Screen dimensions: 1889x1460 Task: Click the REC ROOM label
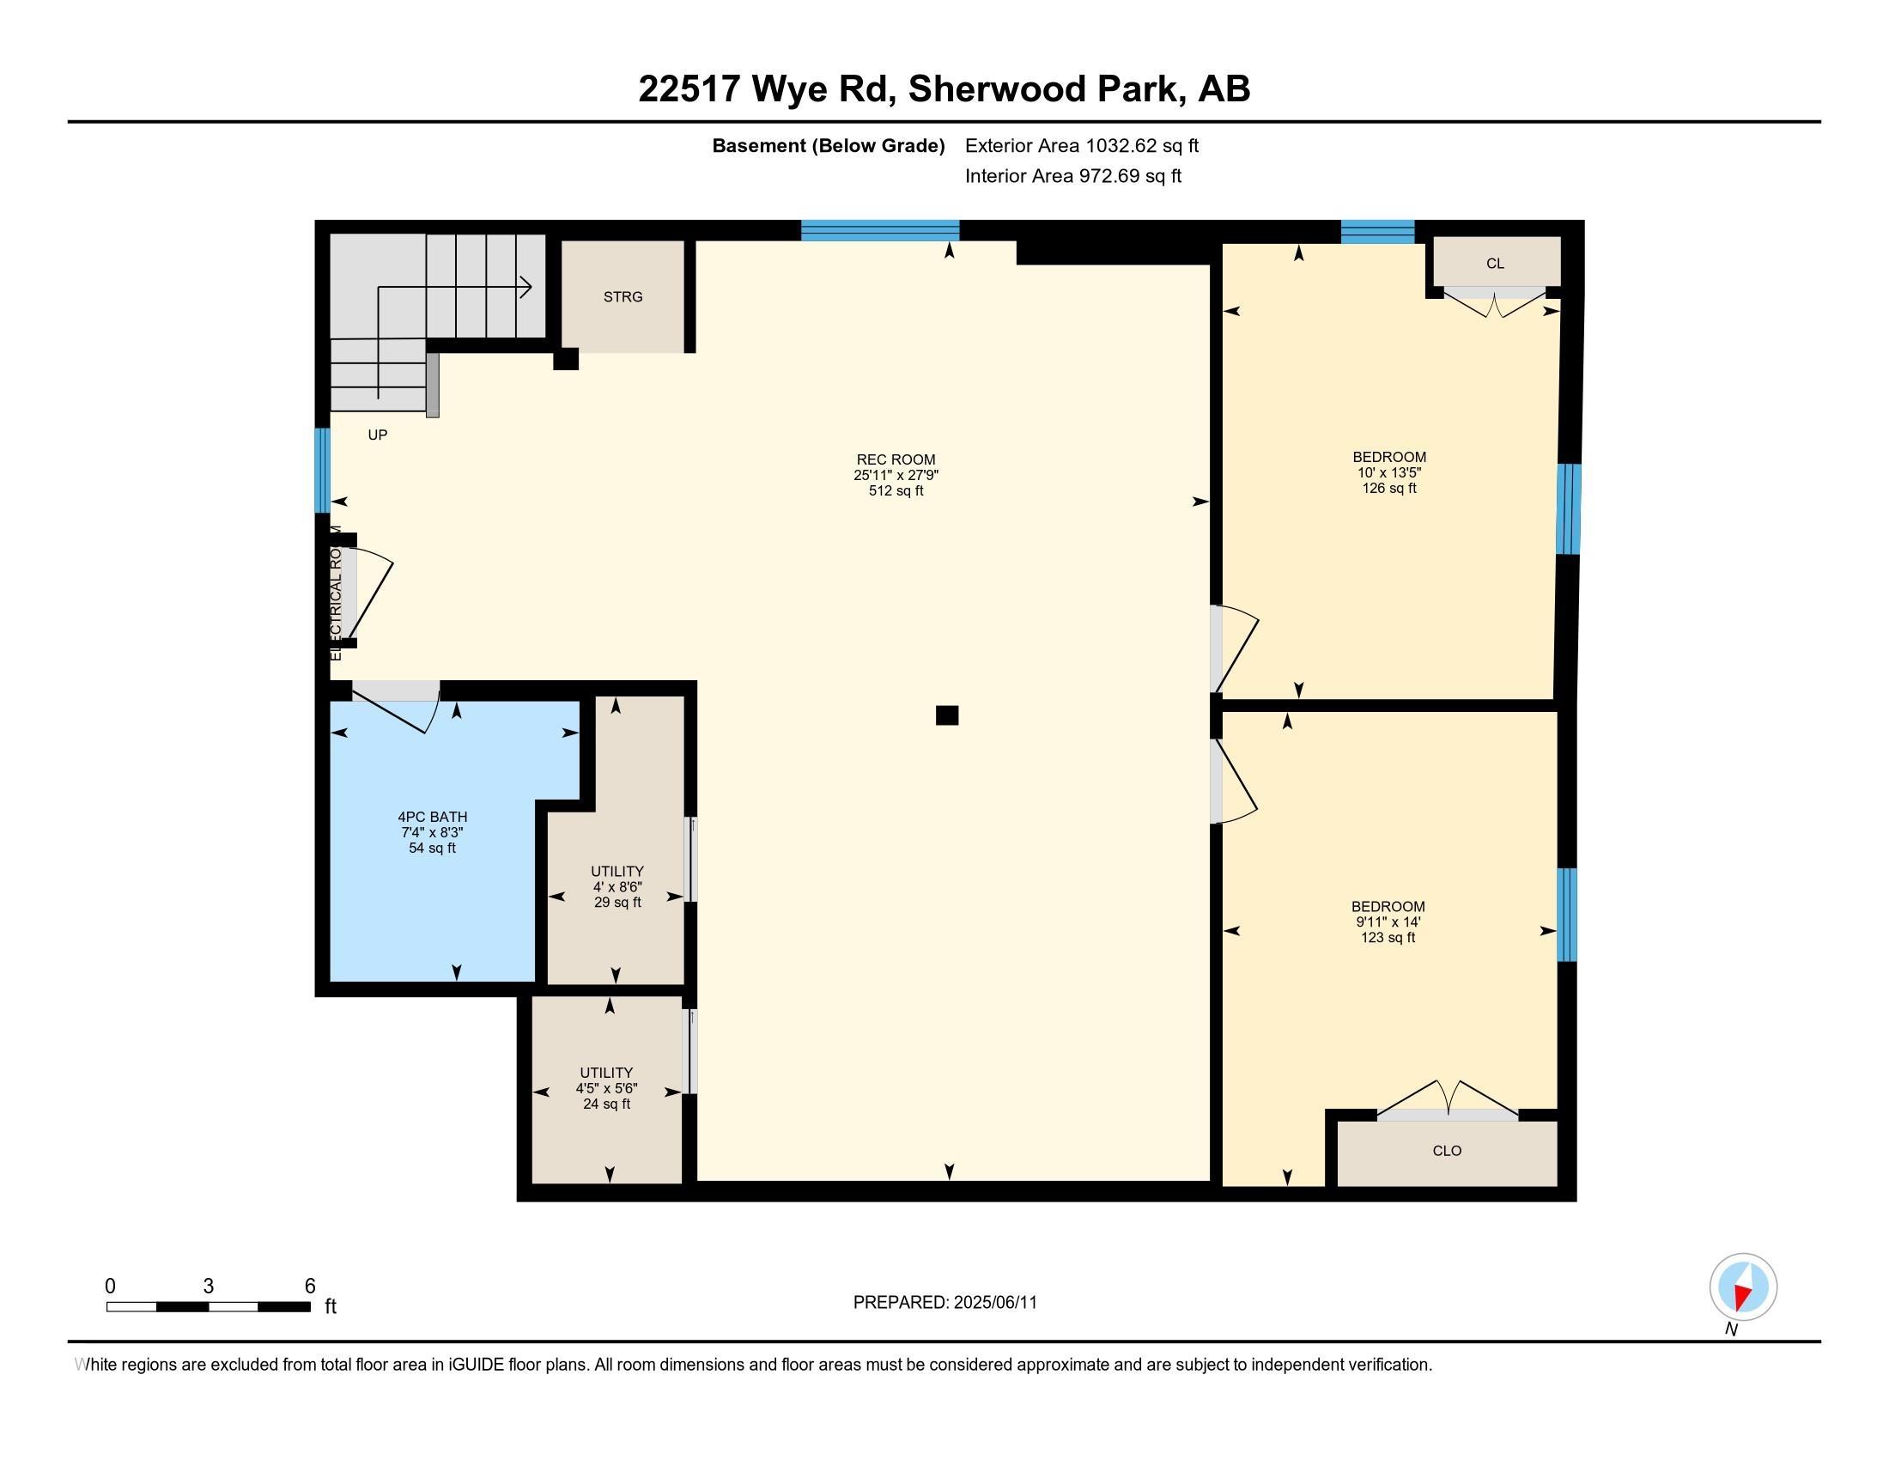click(x=896, y=460)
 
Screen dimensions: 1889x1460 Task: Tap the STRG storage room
click(x=623, y=296)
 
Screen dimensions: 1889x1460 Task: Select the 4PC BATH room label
click(x=433, y=817)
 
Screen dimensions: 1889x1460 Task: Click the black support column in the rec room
click(x=947, y=715)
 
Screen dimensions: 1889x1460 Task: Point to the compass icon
click(x=1743, y=1287)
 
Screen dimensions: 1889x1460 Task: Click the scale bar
click(x=209, y=1306)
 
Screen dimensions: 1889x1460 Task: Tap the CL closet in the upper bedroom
click(x=1497, y=263)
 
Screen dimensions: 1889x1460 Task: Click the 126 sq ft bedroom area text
click(x=1389, y=488)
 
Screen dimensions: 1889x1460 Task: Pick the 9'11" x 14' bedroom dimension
click(x=1388, y=922)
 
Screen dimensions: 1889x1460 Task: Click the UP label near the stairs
click(x=378, y=435)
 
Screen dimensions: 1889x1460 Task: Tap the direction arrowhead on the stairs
click(x=525, y=286)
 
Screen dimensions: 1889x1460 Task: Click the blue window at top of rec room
click(x=880, y=230)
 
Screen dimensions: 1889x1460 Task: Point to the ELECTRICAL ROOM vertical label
click(x=337, y=593)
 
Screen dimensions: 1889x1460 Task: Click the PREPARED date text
click(x=944, y=1303)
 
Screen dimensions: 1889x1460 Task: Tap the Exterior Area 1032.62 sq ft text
click(x=1082, y=145)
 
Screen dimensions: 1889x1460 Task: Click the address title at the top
click(x=944, y=89)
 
